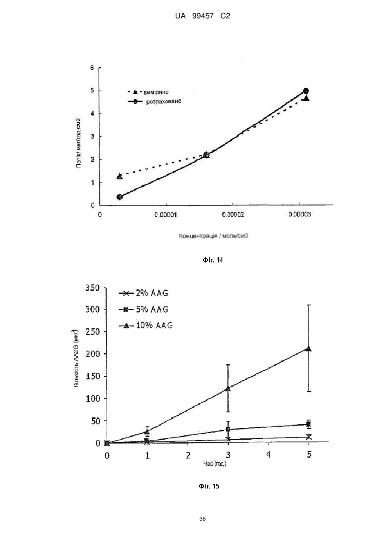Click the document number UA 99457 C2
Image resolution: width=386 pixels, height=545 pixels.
202,16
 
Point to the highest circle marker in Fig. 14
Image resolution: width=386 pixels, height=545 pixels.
306,91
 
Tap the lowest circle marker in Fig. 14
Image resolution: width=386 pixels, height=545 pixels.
120,197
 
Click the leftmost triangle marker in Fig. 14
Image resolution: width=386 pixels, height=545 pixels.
120,176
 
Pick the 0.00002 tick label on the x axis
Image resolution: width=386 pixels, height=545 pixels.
233,214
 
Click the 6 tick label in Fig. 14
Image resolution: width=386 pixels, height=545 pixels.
92,68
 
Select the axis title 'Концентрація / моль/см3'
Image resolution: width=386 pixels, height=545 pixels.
213,236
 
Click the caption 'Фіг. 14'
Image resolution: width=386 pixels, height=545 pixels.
213,260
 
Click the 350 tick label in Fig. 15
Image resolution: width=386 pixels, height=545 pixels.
93,288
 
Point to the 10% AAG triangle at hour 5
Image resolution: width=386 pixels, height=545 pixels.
308,348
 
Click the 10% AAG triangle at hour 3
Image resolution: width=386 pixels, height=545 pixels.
228,388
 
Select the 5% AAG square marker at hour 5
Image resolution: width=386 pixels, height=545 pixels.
308,425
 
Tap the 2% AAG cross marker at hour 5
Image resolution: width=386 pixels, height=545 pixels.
308,437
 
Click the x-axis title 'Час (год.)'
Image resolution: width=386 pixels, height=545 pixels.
215,464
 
